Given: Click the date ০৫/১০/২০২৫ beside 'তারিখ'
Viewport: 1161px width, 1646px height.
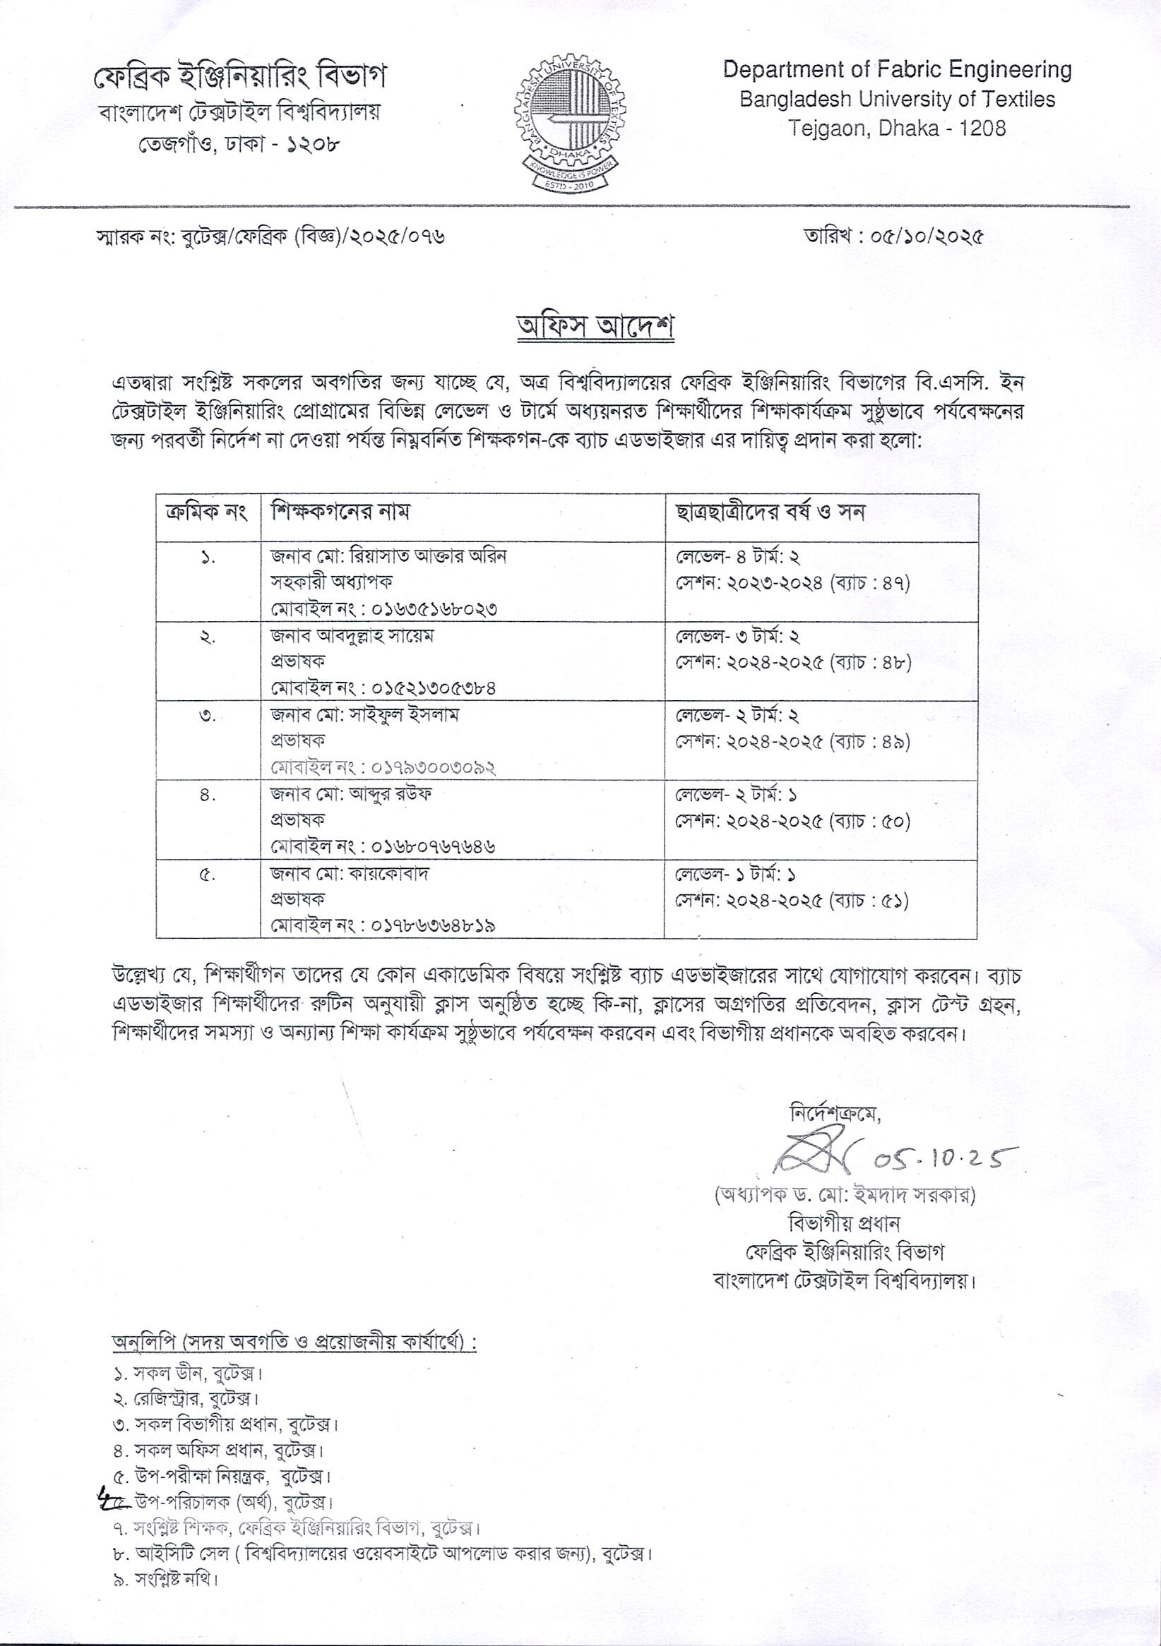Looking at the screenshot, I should point(929,236).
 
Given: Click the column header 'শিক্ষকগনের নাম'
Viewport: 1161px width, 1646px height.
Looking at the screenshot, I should point(340,513).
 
